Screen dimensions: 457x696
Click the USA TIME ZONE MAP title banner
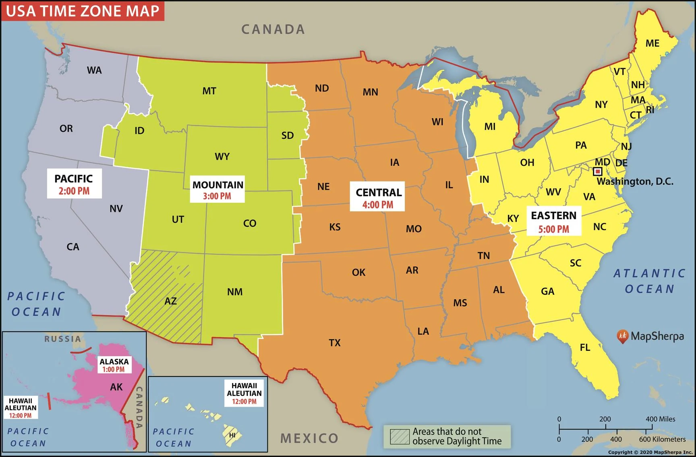[83, 11]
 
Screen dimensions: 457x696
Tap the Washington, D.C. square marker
[598, 172]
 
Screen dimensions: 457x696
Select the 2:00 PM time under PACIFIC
[74, 191]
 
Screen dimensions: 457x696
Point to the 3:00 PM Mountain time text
[217, 196]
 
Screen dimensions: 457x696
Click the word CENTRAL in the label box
[379, 192]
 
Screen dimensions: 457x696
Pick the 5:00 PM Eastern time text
[553, 229]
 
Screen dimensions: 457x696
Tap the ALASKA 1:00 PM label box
[114, 365]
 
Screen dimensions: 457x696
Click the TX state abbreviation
[334, 343]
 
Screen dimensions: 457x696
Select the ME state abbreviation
[652, 43]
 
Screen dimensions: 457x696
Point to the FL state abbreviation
[585, 347]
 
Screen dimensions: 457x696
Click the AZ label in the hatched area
[170, 301]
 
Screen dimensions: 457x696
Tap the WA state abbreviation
[94, 70]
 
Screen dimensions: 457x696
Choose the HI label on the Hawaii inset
[232, 435]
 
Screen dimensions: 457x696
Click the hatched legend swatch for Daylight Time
[400, 436]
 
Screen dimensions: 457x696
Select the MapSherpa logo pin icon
[622, 336]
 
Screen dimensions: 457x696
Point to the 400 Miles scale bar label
[660, 419]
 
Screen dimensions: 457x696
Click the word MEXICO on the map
[309, 438]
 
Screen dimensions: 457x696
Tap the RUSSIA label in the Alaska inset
[62, 339]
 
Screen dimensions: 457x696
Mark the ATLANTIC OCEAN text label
[649, 281]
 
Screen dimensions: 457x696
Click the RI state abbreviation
[650, 109]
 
